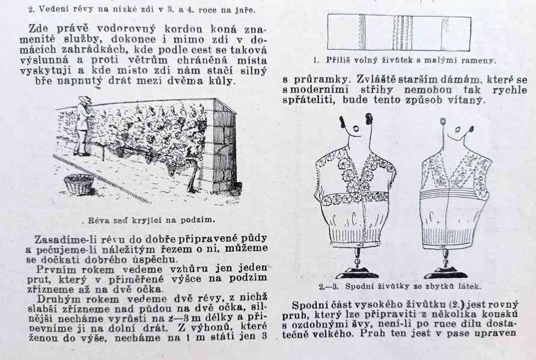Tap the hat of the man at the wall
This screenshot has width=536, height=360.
pos(84,100)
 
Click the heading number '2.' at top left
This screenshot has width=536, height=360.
pos(32,10)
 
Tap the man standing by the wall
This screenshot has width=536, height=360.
pos(82,126)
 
